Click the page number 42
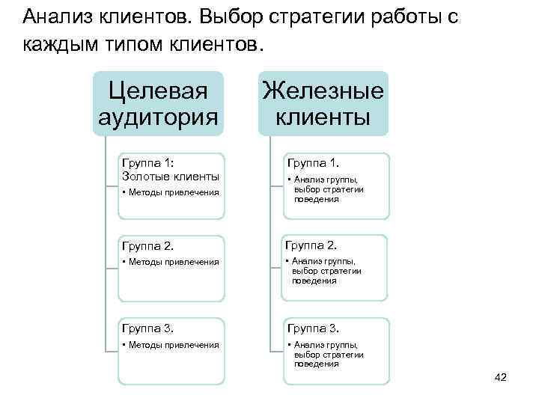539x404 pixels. [x=501, y=377]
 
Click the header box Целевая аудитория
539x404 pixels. [x=158, y=104]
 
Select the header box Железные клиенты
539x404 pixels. [x=323, y=104]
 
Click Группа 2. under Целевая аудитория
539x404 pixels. [x=147, y=245]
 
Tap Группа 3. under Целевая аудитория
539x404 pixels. [x=147, y=328]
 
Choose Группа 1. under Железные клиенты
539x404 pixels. [x=312, y=162]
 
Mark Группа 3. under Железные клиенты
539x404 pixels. [x=312, y=328]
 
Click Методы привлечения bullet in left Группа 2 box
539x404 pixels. [x=171, y=262]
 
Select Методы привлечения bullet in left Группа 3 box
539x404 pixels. [x=171, y=344]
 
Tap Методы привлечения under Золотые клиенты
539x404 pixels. [x=171, y=193]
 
